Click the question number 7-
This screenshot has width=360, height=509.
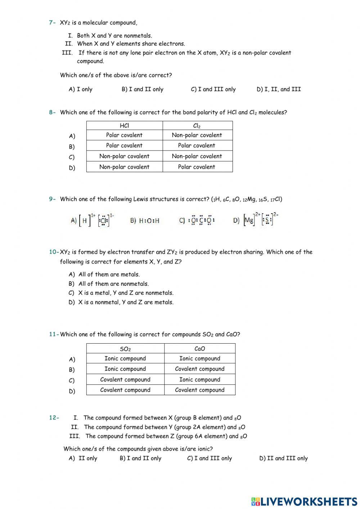pos(53,23)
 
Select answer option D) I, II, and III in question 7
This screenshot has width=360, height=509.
pos(278,89)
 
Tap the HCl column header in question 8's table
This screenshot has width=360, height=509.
pos(124,126)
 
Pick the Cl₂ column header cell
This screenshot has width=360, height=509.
pos(197,126)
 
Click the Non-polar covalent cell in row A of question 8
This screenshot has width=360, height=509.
pos(197,135)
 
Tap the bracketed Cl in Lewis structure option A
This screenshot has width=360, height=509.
pos(104,220)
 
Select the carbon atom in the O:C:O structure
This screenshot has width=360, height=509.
pos(201,220)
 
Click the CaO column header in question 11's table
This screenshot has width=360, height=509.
pos(199,349)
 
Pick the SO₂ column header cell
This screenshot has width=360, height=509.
pos(125,349)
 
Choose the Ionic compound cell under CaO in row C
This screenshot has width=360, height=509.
pos(199,379)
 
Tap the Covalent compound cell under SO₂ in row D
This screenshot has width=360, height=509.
pos(125,390)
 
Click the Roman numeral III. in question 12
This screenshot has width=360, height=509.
pos(75,436)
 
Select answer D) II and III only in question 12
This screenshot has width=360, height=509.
pos(283,459)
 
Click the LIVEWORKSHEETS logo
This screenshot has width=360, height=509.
pos(304,501)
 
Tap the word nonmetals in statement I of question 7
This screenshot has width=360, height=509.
pos(138,36)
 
